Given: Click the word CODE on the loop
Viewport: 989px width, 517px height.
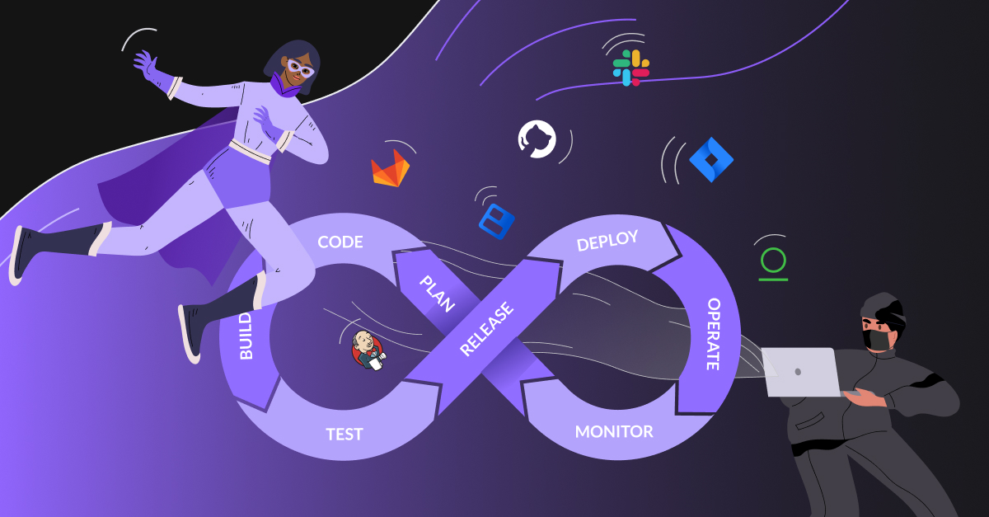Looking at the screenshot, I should (340, 242).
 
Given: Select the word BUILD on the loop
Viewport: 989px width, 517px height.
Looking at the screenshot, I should (246, 335).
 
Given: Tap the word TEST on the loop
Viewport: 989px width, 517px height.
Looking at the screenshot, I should (345, 434).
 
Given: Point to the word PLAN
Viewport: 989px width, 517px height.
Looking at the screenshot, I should (437, 294).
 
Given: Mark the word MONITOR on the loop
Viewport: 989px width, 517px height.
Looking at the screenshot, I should (614, 431).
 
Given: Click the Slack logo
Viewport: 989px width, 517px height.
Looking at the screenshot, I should (630, 68).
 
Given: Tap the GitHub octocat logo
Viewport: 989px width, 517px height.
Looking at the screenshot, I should (537, 139).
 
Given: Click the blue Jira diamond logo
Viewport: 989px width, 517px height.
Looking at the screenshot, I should (710, 159).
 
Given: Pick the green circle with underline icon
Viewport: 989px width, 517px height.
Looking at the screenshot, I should (773, 262).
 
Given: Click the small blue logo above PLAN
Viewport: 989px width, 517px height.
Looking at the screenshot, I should (496, 220).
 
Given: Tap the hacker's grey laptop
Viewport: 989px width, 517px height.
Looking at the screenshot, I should (799, 371).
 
